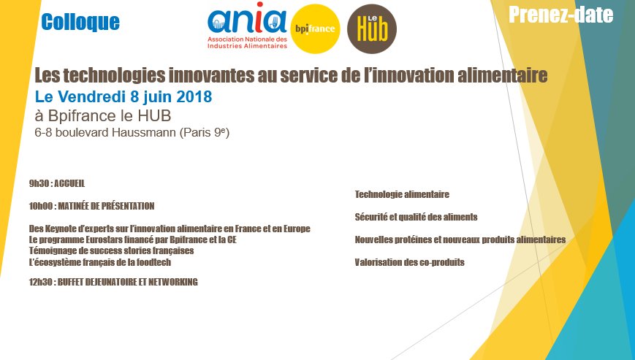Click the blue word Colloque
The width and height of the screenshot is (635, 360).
tap(80, 22)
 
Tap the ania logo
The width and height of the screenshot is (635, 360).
tap(248, 26)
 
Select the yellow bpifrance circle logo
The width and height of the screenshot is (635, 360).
tap(315, 28)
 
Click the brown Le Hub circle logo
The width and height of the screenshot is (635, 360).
tap(372, 28)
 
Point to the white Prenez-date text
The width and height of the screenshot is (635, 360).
tap(561, 15)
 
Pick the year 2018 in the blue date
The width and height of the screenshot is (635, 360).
tap(194, 96)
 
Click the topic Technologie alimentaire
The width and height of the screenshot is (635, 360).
tap(402, 195)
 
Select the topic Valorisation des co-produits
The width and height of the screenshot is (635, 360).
tap(409, 263)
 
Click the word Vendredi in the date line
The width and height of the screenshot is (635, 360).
tap(92, 96)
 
